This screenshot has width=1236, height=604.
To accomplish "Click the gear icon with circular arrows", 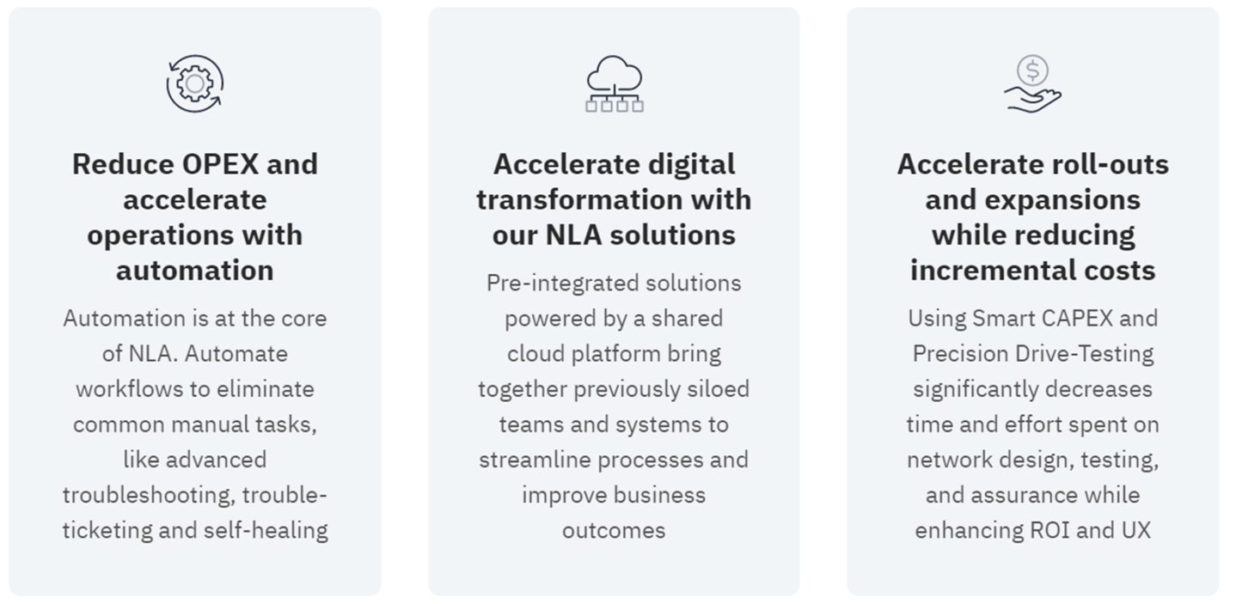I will click(195, 83).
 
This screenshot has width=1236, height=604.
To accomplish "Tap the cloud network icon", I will click(614, 83).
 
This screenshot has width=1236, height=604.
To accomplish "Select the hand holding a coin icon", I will click(1032, 83).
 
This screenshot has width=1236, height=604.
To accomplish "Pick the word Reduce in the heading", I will click(123, 164).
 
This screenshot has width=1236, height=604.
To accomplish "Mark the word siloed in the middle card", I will click(718, 388).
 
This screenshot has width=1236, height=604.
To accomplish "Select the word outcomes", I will click(614, 530).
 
